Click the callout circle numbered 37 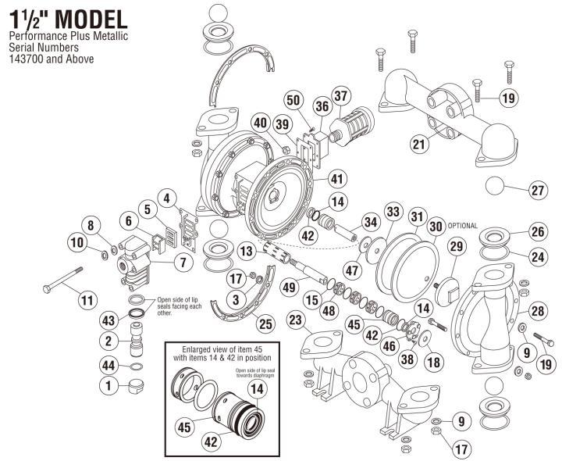click(x=340, y=96)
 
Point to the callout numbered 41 click(x=336, y=179)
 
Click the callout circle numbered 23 click(x=296, y=320)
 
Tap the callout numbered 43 click(x=108, y=321)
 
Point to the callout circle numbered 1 click(x=108, y=384)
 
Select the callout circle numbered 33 click(x=392, y=212)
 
